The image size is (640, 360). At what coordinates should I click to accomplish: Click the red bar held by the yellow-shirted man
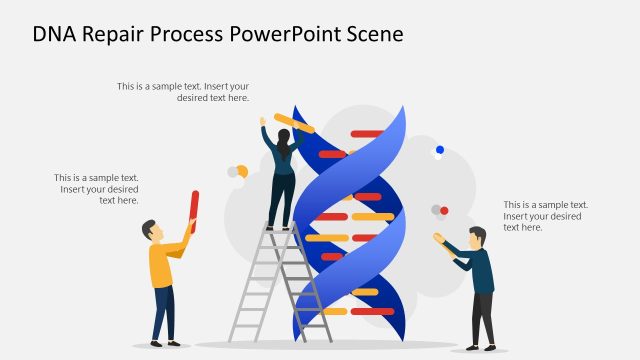pyautogui.click(x=194, y=211)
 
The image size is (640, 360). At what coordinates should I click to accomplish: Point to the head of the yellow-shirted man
pyautogui.click(x=151, y=231)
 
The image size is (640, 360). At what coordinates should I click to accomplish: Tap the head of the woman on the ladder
pyautogui.click(x=283, y=136)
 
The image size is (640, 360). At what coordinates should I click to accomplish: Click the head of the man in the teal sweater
pyautogui.click(x=477, y=237)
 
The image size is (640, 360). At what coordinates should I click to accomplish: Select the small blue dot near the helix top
pyautogui.click(x=439, y=150)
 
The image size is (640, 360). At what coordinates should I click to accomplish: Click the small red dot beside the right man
pyautogui.click(x=444, y=210)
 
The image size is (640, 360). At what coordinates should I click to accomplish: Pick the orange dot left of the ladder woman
pyautogui.click(x=241, y=171)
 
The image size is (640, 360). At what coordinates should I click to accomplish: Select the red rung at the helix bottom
pyautogui.click(x=372, y=311)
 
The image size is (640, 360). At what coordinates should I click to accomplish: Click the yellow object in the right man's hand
pyautogui.click(x=438, y=237)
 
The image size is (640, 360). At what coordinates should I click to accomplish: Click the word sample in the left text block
pyautogui.click(x=109, y=178)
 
